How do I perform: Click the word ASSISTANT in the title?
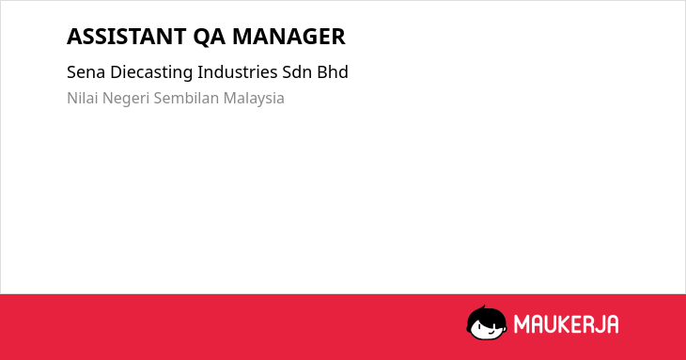[x=127, y=37]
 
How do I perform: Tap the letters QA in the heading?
[x=210, y=37]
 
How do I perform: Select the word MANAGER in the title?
[x=288, y=37]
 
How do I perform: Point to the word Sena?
[x=86, y=72]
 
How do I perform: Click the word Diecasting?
[x=151, y=72]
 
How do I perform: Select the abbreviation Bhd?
[x=333, y=72]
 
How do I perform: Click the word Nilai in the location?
[x=83, y=98]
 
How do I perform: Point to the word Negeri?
[x=126, y=99]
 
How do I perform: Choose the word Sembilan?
[x=186, y=98]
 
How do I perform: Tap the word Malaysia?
[x=254, y=99]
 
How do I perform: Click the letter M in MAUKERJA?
[x=522, y=324]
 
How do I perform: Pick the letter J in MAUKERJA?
[x=597, y=324]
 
